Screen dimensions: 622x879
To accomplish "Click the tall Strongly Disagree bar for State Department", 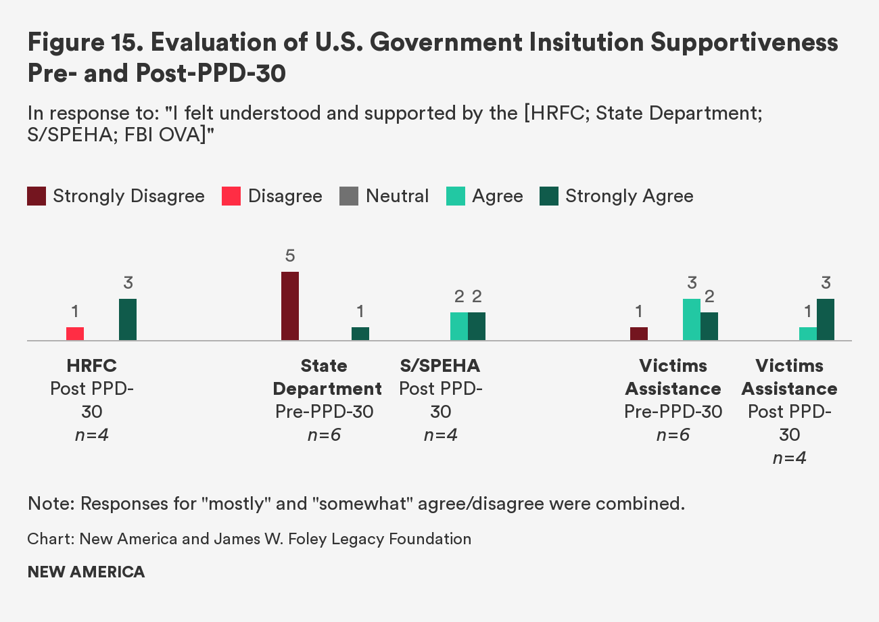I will tap(290, 306).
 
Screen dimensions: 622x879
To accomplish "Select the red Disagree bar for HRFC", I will tap(75, 334).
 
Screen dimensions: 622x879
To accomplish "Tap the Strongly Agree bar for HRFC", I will tap(128, 320).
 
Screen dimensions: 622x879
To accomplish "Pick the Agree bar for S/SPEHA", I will tap(459, 327).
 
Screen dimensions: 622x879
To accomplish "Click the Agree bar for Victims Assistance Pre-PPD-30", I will tap(692, 320).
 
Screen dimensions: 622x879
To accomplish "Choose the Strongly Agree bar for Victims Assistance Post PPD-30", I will tap(826, 320).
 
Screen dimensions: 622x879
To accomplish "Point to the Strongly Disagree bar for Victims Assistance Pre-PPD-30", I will tap(639, 334).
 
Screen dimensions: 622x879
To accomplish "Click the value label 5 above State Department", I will tap(290, 256).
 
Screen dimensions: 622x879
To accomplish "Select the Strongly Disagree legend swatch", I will tap(37, 197).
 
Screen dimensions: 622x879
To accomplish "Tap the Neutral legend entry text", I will tap(397, 197).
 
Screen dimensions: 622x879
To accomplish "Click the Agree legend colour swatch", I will tap(456, 197).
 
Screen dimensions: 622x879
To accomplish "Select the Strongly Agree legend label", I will tap(629, 197).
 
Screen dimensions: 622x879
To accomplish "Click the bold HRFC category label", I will tap(92, 366).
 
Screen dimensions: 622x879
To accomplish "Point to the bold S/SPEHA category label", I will tap(440, 366).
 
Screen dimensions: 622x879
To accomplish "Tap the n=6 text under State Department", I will tap(324, 435).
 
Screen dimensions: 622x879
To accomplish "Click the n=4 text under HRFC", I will tap(92, 435).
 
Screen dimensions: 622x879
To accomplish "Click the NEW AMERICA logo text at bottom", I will tap(86, 572).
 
